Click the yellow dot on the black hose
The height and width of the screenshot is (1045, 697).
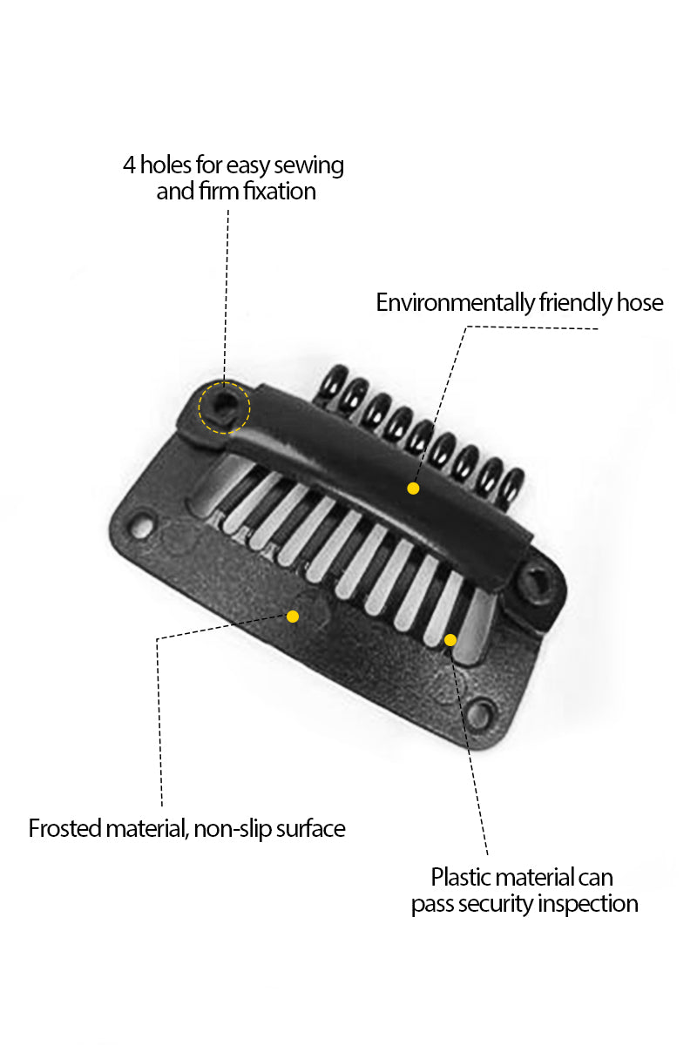pos(413,488)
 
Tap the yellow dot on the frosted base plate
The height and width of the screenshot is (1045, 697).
pos(293,617)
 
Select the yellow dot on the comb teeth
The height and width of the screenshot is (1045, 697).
pos(450,639)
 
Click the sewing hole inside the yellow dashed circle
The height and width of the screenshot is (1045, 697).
pos(224,405)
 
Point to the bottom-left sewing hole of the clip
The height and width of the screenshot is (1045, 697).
pos(141,527)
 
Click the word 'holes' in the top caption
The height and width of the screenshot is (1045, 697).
pos(166,165)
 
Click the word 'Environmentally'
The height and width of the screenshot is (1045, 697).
pos(455,303)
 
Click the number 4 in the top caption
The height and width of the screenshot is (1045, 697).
pos(129,165)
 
